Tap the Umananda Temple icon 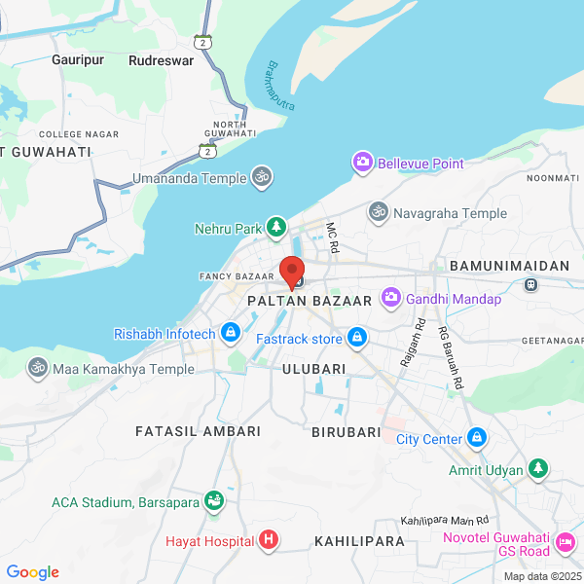(x=261, y=177)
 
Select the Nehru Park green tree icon (x=276, y=229)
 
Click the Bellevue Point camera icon (x=363, y=163)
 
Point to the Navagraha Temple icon (x=378, y=212)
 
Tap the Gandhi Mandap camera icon (x=390, y=298)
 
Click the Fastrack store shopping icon (x=357, y=339)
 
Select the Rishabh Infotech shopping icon (x=230, y=334)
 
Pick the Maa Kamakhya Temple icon (x=37, y=369)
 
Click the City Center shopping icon (x=476, y=438)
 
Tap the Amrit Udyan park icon (x=538, y=470)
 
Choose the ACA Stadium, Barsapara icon (x=214, y=502)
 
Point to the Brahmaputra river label (x=280, y=85)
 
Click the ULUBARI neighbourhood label (x=313, y=369)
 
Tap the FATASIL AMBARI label (x=199, y=430)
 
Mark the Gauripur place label (x=78, y=59)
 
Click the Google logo (x=32, y=572)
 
